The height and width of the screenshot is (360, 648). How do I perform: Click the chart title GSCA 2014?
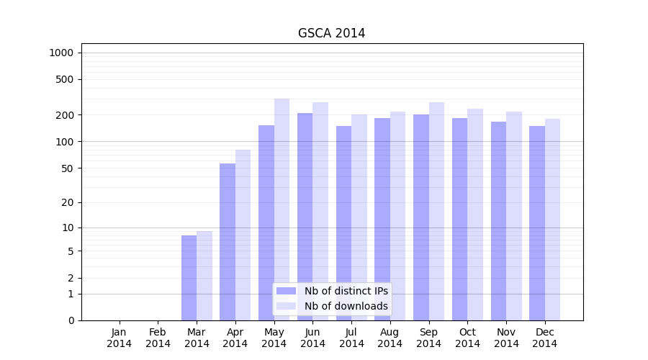click(331, 34)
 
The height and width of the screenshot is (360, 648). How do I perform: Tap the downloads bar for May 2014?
click(282, 210)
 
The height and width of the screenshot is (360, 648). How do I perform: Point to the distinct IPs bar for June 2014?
click(305, 217)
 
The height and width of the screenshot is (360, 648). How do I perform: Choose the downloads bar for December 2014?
click(552, 220)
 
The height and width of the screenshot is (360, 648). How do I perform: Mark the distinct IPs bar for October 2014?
click(459, 219)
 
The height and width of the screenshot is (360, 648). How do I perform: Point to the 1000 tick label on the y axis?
click(61, 53)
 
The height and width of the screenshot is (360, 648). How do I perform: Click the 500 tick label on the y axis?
click(65, 79)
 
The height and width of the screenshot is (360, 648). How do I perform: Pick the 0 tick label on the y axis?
click(71, 320)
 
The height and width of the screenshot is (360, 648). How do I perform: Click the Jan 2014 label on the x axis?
click(120, 338)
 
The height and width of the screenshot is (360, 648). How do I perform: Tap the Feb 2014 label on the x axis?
click(158, 338)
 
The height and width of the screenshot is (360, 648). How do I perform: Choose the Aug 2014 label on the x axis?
click(390, 338)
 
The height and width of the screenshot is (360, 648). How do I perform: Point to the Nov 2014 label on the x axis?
click(506, 338)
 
